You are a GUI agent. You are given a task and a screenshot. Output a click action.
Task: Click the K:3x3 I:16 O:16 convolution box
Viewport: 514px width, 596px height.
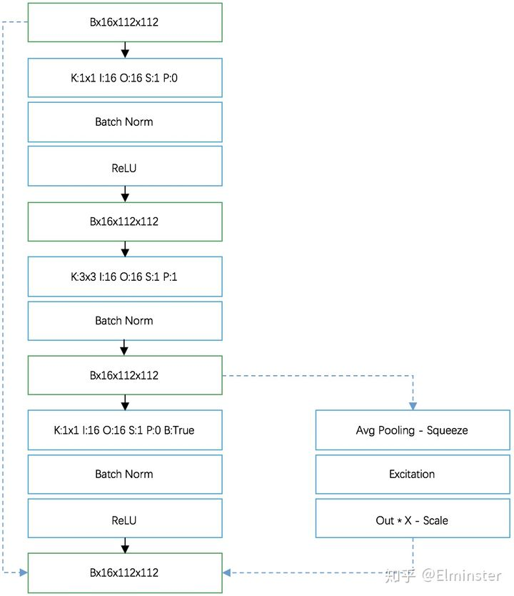pos(124,277)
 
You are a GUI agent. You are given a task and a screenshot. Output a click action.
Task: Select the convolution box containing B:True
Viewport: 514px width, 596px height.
pos(124,430)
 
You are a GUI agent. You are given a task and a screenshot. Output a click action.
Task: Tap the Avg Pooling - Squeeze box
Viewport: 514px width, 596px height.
pos(412,430)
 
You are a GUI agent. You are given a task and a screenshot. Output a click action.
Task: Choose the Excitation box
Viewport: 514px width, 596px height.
pos(412,474)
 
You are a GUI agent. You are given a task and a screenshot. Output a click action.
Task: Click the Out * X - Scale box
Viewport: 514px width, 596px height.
pos(412,520)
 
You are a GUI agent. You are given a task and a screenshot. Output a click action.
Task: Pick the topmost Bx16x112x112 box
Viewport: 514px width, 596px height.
pos(124,22)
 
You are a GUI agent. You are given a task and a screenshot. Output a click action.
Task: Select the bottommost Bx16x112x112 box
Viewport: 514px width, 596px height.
pos(124,572)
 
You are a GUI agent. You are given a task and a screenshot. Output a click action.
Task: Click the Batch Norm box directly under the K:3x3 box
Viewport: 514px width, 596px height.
pos(124,321)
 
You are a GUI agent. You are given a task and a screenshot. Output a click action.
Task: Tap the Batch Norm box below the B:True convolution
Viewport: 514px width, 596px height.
pos(124,474)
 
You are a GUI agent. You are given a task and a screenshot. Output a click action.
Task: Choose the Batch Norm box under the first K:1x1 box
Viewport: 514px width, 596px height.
pos(124,121)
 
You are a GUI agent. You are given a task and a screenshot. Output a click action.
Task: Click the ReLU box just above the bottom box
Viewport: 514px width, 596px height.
pos(124,520)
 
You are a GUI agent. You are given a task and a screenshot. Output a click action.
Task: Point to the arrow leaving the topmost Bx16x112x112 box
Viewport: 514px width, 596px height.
pos(125,49)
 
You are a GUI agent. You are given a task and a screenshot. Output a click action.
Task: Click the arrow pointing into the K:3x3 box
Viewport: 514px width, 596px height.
pos(125,249)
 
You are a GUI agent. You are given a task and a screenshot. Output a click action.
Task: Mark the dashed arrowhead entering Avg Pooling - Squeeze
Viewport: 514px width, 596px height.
pos(413,405)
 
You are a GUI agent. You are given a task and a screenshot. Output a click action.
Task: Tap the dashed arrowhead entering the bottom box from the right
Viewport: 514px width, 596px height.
pos(228,573)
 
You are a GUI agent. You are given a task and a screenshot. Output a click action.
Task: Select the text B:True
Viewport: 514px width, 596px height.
pos(178,430)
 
